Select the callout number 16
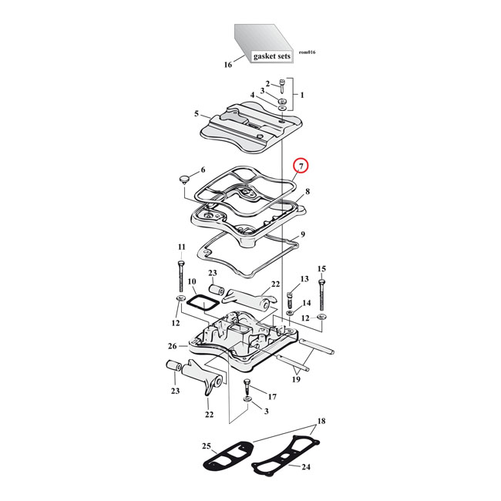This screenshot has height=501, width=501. (228, 65)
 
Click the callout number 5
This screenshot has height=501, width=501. (197, 114)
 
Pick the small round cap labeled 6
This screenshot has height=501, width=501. (184, 180)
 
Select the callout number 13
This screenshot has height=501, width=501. (304, 278)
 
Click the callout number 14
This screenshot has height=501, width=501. (306, 303)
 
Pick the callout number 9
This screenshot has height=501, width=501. (303, 234)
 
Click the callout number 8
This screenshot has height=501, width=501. (307, 191)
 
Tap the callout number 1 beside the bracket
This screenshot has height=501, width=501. (302, 95)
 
